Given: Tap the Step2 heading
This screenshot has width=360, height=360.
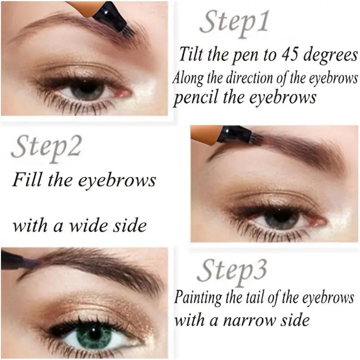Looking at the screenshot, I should [x=46, y=148].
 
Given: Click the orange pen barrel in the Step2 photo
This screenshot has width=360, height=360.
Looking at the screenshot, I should [x=205, y=134].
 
